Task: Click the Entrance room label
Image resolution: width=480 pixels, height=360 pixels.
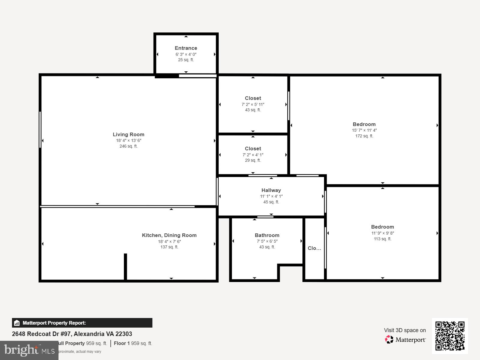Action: (x=186, y=48)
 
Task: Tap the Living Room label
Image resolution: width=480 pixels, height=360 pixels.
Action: (x=128, y=134)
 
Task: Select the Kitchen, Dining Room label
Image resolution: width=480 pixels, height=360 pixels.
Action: (x=169, y=235)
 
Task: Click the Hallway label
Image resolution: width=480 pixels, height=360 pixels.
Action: (x=271, y=190)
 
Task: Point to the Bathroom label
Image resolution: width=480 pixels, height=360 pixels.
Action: (x=267, y=235)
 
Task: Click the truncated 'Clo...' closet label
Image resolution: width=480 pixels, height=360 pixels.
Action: (x=314, y=248)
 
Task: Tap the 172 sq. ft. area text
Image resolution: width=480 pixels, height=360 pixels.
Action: (x=364, y=136)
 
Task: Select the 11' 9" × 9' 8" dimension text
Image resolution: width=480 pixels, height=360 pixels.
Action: (x=382, y=233)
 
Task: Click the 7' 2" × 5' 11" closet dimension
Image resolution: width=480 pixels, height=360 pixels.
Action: (x=253, y=104)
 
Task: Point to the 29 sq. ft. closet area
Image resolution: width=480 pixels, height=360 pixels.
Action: (x=253, y=160)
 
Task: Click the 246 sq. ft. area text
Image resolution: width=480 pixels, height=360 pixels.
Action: (x=128, y=146)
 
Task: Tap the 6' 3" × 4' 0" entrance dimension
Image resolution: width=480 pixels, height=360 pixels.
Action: (x=186, y=54)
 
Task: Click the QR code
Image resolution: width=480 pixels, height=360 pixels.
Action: (x=450, y=336)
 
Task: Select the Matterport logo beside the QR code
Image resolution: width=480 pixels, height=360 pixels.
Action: (x=405, y=340)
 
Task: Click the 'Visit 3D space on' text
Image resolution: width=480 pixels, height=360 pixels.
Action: (x=405, y=330)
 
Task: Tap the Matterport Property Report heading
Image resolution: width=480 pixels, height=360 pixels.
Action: (x=54, y=323)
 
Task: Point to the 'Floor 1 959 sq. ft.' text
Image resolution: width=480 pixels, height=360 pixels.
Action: (x=133, y=343)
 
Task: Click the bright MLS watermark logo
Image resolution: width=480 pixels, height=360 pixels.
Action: (x=29, y=350)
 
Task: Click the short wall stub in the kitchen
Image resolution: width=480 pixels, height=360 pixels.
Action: (x=125, y=266)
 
